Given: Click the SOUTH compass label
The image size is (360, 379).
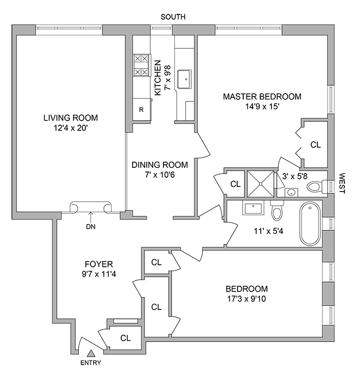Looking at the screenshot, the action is pyautogui.click(x=173, y=17).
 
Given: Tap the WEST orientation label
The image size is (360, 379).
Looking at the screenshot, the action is pyautogui.click(x=341, y=183).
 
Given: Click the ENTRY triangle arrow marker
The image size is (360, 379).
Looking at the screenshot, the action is pyautogui.click(x=91, y=353).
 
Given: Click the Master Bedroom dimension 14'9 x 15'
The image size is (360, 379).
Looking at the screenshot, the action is pyautogui.click(x=262, y=107).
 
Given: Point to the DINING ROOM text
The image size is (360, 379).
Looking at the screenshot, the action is pyautogui.click(x=160, y=165).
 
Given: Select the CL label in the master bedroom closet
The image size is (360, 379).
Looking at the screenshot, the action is pyautogui.click(x=315, y=145).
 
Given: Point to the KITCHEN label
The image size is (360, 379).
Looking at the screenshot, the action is pyautogui.click(x=158, y=77).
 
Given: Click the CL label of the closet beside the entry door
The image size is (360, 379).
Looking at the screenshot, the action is pyautogui.click(x=125, y=338).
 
